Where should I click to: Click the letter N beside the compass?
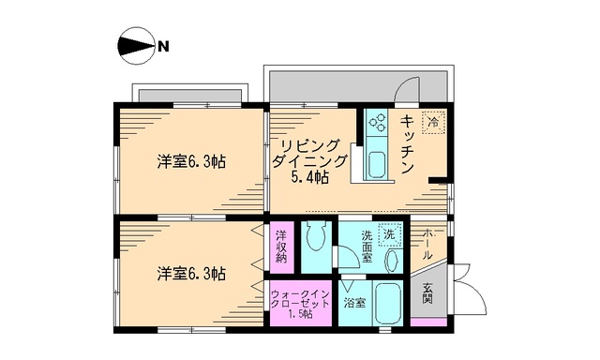tap(162, 45)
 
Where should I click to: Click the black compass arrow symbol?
tap(134, 45)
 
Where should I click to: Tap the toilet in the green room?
tap(315, 242)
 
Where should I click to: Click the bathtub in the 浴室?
tap(388, 304)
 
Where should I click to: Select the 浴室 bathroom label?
tap(353, 303)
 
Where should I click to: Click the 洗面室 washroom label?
tap(368, 248)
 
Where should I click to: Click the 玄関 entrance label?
tap(427, 292)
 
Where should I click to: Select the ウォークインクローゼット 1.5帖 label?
tap(300, 304)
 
